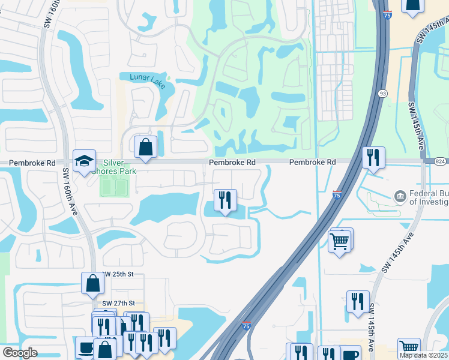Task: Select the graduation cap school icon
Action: [x=84, y=160]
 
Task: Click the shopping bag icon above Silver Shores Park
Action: [x=145, y=146]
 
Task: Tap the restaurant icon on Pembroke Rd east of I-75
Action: [x=373, y=158]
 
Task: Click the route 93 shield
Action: [x=382, y=94]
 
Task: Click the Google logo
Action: [x=20, y=353]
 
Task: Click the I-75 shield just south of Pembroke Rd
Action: [x=337, y=195]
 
